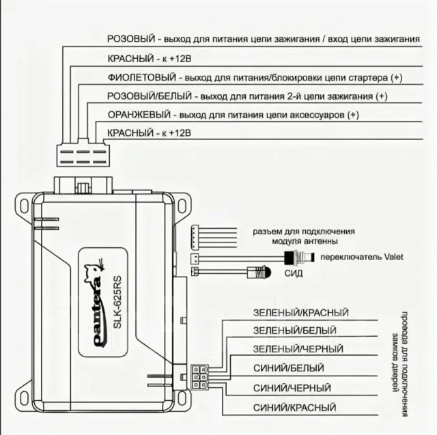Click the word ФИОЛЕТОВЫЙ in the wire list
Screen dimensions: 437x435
(x=142, y=77)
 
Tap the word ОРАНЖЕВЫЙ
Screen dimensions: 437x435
(x=139, y=115)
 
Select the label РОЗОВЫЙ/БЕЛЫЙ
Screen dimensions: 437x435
(x=150, y=96)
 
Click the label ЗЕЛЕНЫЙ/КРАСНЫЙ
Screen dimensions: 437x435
(x=300, y=313)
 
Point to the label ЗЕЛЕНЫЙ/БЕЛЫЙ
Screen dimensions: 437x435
(x=295, y=331)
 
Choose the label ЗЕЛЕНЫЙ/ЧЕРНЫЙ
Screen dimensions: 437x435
(x=298, y=349)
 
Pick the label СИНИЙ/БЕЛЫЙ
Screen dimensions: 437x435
(x=289, y=368)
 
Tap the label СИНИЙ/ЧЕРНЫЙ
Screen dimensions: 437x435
(x=292, y=388)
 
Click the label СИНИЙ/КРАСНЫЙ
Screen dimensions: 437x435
(x=294, y=408)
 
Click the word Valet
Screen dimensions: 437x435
(x=393, y=257)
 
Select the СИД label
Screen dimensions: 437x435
(x=294, y=273)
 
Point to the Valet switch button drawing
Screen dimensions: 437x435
(x=299, y=257)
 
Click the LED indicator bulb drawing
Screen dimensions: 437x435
(x=259, y=272)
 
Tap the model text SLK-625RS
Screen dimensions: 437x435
(x=117, y=302)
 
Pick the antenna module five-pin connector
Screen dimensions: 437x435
(x=193, y=238)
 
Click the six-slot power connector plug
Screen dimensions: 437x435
(x=83, y=156)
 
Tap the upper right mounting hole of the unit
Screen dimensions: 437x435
(x=182, y=206)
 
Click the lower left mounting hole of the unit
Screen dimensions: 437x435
(x=25, y=398)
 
